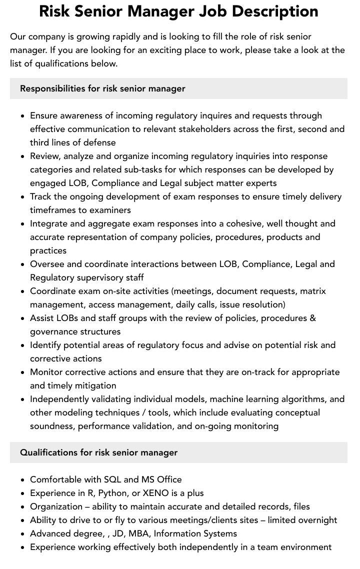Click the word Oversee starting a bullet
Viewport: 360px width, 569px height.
[48, 264]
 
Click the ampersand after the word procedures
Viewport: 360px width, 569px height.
[312, 318]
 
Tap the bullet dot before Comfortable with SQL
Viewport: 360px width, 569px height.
[23, 479]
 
